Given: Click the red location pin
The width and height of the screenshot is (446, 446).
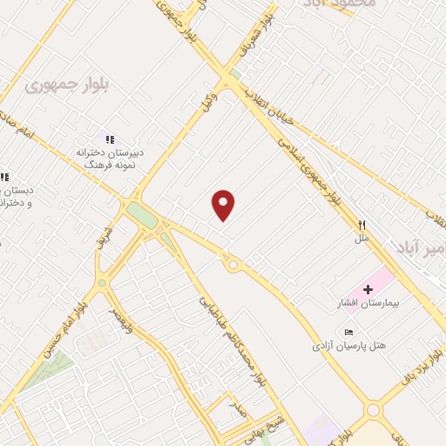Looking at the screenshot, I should pos(224,205).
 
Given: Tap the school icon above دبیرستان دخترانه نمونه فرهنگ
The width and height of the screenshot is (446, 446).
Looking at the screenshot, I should pos(110,139).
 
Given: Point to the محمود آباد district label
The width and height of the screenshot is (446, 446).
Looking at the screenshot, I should pos(339,5).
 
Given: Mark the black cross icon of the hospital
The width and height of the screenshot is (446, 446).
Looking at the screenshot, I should pos(368,289).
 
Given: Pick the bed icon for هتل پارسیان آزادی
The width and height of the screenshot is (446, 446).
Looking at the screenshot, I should pos(349,332).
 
